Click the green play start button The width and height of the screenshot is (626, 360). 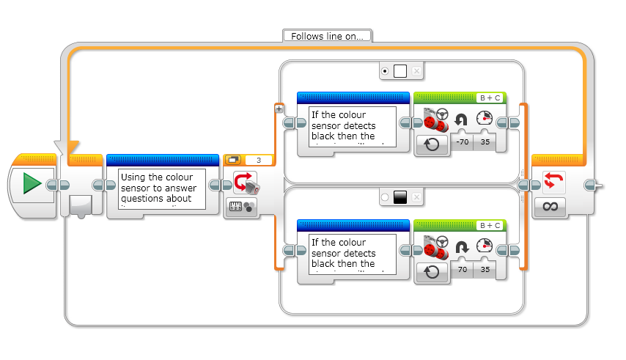pos(32,183)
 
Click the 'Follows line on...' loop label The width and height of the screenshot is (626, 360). pos(327,35)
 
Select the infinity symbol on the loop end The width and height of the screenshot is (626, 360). pos(550,207)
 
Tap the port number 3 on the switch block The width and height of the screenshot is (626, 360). pos(259,160)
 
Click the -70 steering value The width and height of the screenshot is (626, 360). pos(461,143)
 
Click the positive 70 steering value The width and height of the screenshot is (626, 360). pos(461,271)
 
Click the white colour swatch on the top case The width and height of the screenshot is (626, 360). pos(400,71)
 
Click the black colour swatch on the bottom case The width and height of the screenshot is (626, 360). pos(400,197)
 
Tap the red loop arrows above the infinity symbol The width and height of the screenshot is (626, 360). pos(550,181)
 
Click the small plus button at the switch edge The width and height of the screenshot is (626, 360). pos(279,109)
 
